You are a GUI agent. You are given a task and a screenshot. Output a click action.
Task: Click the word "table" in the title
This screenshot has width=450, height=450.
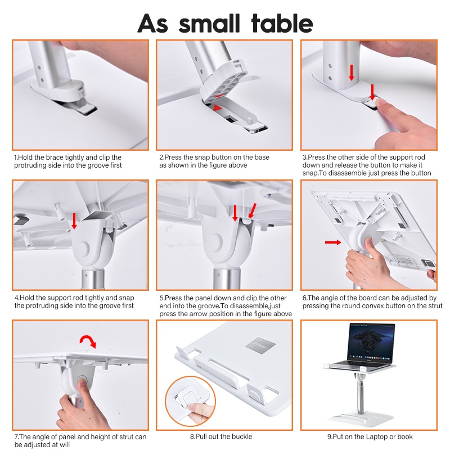pos(282,23)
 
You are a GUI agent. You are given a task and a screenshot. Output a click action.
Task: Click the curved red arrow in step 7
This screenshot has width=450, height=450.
pos(88,340)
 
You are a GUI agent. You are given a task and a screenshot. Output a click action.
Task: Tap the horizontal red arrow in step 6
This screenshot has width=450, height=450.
pos(333,242)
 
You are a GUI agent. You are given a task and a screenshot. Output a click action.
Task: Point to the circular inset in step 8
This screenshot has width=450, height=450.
pos(190,401)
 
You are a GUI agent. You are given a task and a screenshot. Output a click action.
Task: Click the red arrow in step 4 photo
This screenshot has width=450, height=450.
pos(74,220)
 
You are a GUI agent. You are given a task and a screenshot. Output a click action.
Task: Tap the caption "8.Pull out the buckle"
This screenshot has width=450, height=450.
pos(221,436)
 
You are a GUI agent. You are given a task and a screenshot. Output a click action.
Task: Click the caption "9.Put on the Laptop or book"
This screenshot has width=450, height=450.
pos(370,436)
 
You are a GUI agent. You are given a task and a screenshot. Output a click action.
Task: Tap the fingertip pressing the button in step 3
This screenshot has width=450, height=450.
pos(379,103)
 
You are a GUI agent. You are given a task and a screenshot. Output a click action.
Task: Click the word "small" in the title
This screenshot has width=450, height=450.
pos(209,23)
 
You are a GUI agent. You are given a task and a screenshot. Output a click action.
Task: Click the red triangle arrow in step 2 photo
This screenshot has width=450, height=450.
pos(218,107)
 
